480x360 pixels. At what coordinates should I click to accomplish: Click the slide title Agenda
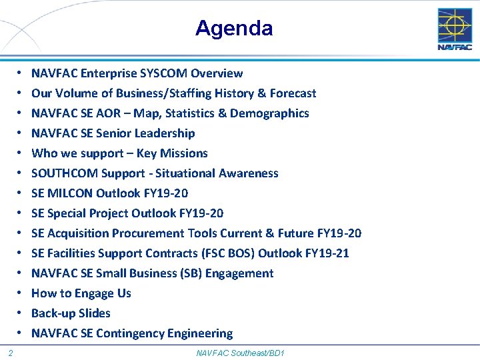(234, 28)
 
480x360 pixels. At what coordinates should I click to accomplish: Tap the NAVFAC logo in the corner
(455, 29)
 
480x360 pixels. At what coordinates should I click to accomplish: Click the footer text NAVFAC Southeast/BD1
(240, 352)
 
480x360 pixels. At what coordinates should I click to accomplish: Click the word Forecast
(293, 93)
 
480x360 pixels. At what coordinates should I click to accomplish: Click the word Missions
(183, 153)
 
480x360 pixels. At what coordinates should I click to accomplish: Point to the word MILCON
(70, 193)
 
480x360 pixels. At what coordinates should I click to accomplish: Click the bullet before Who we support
(21, 153)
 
